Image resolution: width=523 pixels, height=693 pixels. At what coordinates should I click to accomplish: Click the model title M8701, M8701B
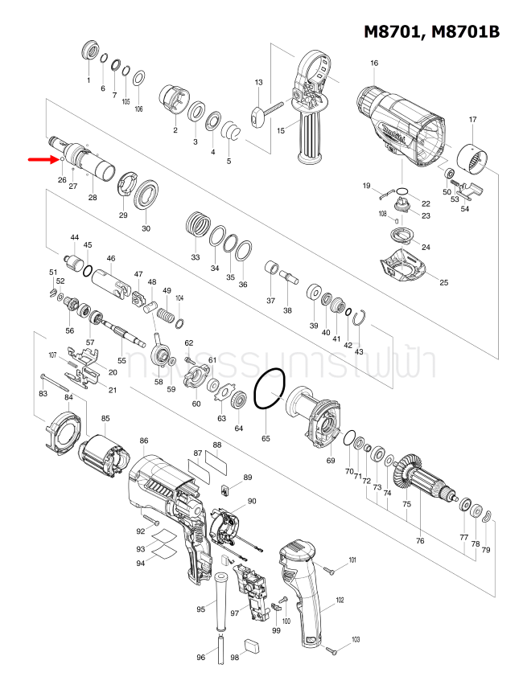click(x=431, y=31)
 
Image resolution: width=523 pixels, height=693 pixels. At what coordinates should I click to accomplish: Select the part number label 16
click(x=374, y=64)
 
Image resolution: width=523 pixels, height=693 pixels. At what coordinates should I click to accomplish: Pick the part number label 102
click(x=340, y=600)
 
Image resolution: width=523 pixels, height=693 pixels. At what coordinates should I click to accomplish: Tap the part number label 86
click(x=144, y=441)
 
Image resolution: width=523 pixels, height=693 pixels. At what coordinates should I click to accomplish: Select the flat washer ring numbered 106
click(x=138, y=77)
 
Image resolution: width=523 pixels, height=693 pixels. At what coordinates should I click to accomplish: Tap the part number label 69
click(x=330, y=460)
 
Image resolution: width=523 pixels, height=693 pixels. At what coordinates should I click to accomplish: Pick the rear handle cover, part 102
click(x=303, y=595)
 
